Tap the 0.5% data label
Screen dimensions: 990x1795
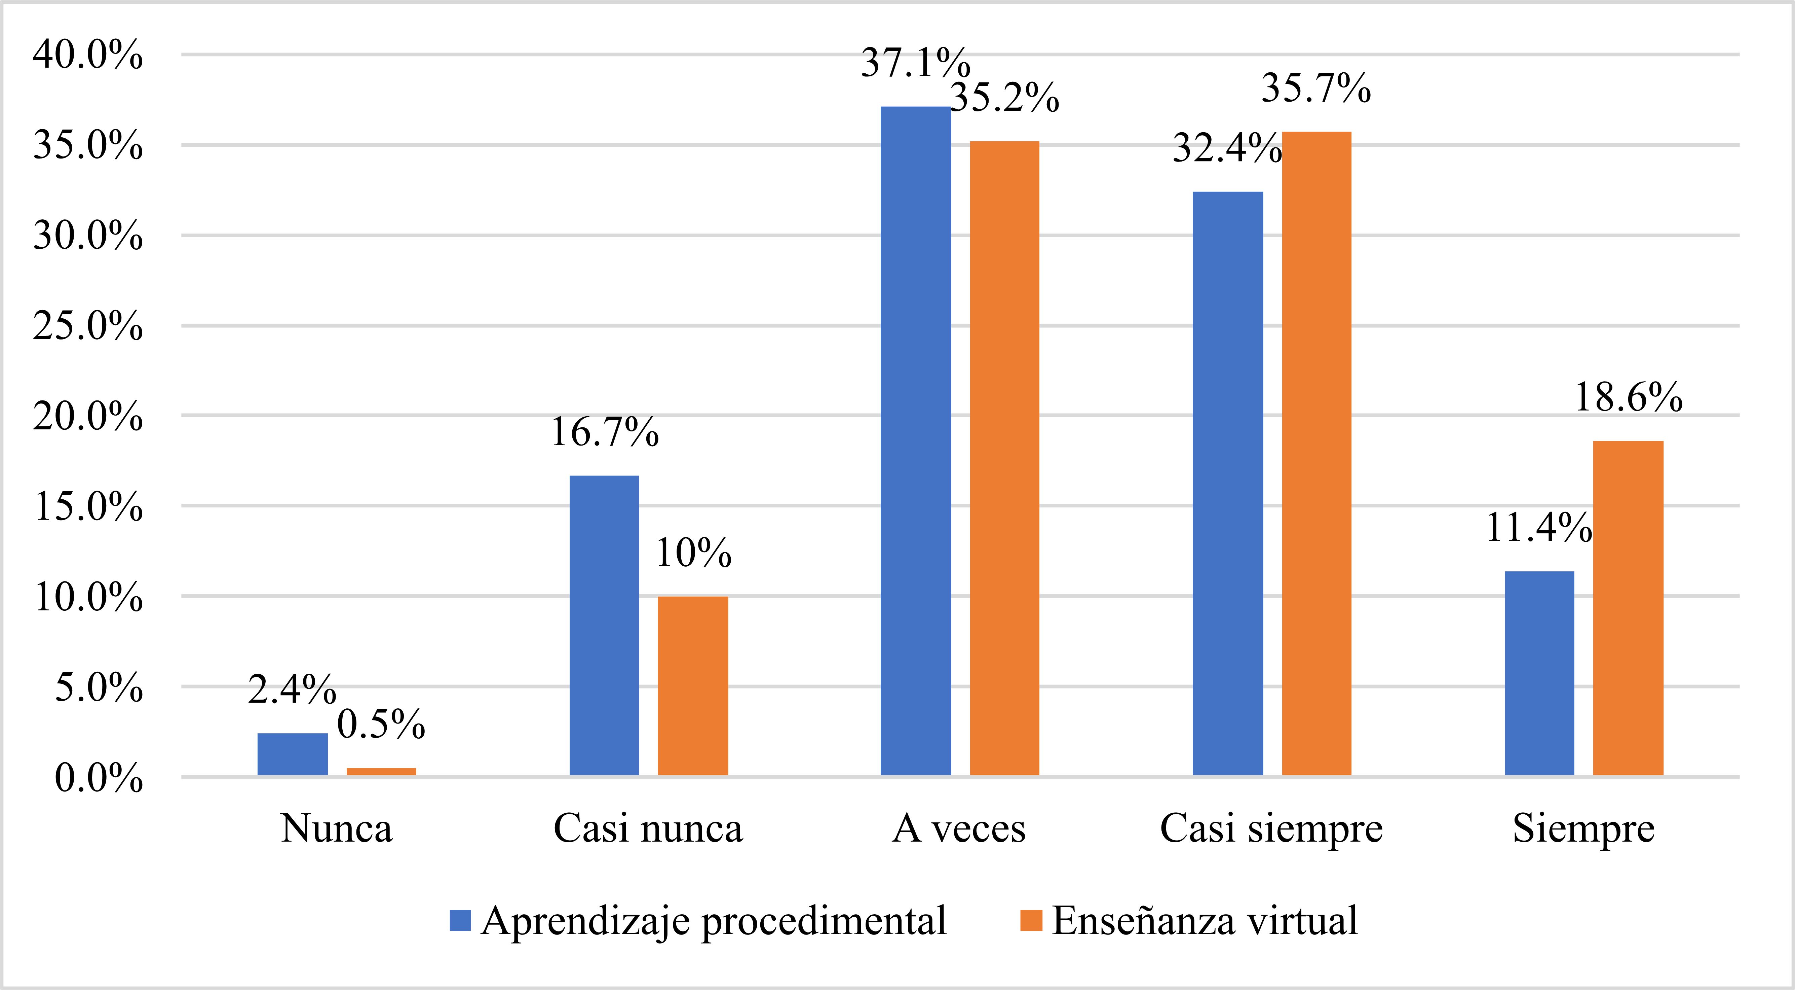[x=381, y=725]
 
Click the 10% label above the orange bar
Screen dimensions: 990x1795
[x=693, y=554]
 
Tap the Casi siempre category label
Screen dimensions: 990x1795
[x=1271, y=829]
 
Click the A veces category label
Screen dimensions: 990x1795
[x=959, y=829]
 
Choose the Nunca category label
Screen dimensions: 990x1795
[x=337, y=829]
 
